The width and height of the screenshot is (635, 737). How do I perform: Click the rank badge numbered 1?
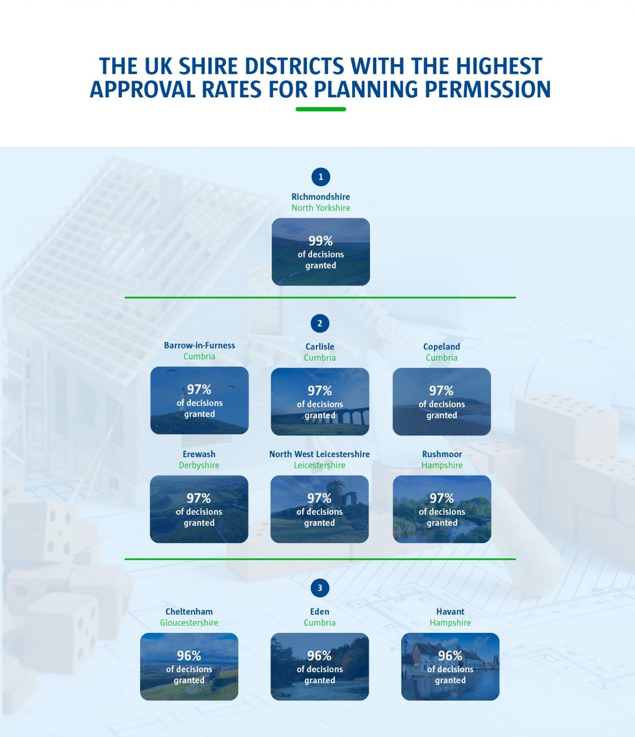321,177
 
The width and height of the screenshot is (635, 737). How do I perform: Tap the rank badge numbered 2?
320,323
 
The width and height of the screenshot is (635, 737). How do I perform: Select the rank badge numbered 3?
320,588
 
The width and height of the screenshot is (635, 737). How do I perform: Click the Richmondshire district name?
321,197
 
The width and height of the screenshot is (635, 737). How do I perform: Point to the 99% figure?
321,241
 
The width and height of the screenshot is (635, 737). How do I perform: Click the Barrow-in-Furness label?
199,345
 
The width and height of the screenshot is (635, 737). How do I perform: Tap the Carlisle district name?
320,346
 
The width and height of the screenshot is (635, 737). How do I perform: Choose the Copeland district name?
442,346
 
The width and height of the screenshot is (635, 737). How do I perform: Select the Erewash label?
199,454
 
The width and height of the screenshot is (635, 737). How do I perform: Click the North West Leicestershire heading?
319,454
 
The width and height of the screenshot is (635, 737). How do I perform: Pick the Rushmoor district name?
442,454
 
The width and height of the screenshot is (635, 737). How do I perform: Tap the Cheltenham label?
189,611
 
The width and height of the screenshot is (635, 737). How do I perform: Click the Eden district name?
320,611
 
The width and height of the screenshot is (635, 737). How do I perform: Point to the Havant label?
450,611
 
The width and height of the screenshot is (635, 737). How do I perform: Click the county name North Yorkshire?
321,208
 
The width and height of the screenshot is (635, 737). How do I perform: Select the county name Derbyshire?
199,465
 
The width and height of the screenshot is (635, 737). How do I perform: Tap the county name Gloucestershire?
189,622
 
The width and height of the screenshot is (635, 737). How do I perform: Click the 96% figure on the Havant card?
450,655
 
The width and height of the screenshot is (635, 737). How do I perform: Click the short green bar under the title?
321,109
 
